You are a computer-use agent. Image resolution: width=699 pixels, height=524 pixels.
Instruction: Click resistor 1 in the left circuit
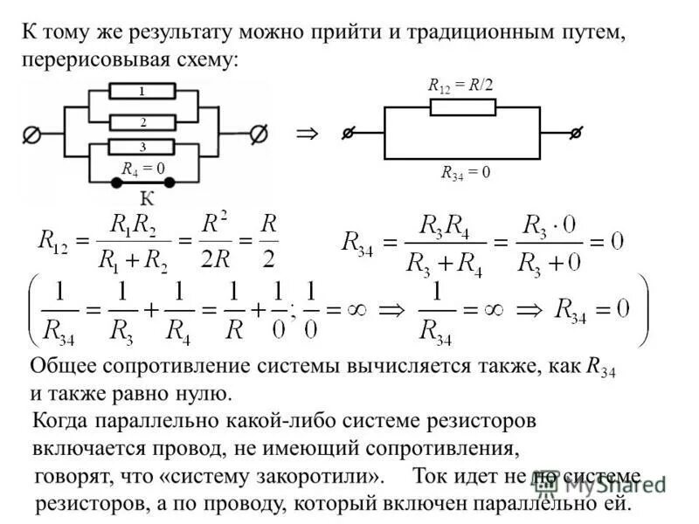[x=142, y=92]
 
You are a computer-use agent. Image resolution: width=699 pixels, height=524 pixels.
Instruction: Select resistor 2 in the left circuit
[x=142, y=122]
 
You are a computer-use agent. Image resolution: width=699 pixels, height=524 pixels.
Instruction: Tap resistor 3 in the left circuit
[x=142, y=147]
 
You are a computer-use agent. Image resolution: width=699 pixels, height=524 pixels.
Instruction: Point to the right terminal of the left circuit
[x=259, y=134]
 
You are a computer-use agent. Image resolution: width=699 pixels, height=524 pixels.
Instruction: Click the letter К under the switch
[x=141, y=200]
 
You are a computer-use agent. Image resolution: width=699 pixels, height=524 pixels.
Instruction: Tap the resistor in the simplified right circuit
[x=462, y=107]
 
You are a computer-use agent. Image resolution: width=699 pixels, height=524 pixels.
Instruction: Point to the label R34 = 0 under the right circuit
[x=465, y=172]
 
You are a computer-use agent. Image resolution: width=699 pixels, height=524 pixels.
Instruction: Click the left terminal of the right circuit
[x=348, y=133]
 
